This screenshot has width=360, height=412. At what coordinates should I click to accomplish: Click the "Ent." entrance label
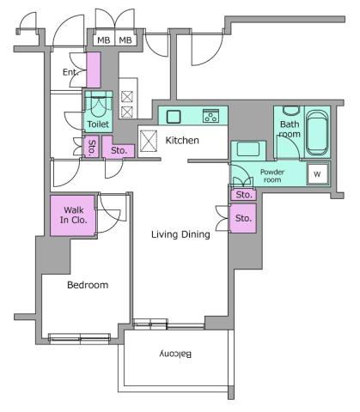click(x=70, y=72)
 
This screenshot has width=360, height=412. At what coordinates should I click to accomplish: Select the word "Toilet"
click(x=97, y=124)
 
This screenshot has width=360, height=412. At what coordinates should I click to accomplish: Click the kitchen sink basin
click(x=173, y=116)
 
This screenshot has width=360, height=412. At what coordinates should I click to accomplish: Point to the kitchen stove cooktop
click(x=211, y=116)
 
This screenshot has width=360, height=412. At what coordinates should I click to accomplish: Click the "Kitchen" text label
click(x=182, y=140)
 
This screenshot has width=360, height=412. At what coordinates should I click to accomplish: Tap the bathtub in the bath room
click(x=317, y=134)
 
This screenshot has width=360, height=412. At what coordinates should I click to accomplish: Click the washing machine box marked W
click(x=317, y=173)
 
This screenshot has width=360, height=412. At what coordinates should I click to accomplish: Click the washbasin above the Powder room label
click(x=249, y=148)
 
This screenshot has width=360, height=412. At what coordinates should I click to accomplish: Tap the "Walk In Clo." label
click(x=72, y=215)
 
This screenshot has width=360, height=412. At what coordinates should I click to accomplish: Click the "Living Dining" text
click(x=180, y=234)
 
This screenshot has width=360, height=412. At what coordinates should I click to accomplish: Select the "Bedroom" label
click(x=88, y=285)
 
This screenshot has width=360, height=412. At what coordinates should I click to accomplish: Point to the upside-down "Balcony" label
click(x=174, y=354)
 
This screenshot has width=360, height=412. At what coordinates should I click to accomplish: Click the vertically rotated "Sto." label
click(x=91, y=147)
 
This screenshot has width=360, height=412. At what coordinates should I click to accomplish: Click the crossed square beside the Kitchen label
click(x=149, y=139)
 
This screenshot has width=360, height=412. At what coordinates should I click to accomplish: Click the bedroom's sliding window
click(x=79, y=336)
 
